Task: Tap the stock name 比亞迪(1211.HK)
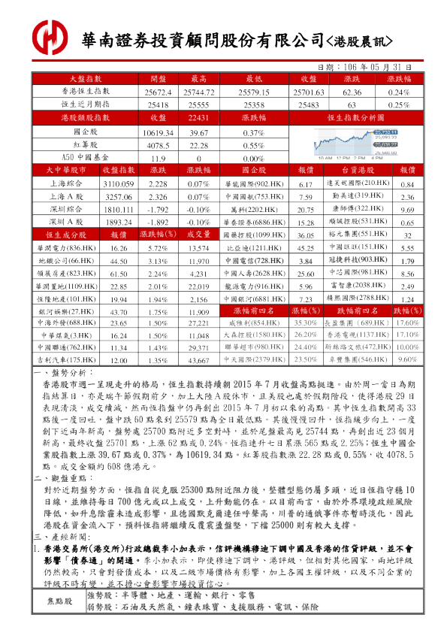click(253, 247)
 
